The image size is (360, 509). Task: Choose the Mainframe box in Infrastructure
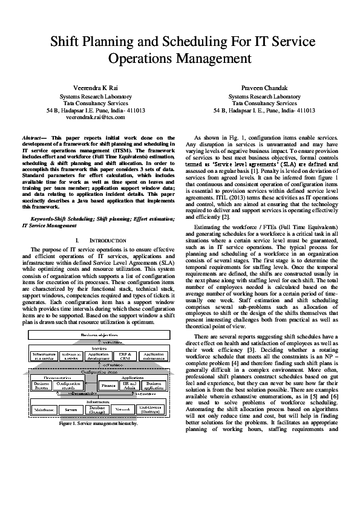click(44, 426)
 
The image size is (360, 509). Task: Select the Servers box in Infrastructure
click(71, 426)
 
